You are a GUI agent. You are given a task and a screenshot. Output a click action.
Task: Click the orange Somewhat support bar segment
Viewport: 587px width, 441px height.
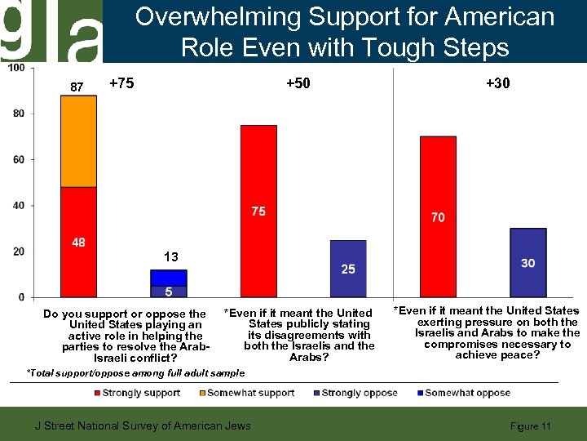pyautogui.click(x=78, y=141)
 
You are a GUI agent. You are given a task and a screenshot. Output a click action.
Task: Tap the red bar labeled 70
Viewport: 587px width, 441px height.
pyautogui.click(x=438, y=216)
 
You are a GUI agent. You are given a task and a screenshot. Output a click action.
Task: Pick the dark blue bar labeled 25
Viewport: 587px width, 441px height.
pyautogui.click(x=348, y=269)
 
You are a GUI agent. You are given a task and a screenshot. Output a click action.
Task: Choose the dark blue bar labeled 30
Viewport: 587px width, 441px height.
pyautogui.click(x=527, y=262)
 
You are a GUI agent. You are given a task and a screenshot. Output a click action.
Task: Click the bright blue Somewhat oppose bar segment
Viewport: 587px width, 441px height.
pyautogui.click(x=169, y=278)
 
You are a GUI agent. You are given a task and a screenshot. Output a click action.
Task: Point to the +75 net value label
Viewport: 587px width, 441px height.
pyautogui.click(x=121, y=83)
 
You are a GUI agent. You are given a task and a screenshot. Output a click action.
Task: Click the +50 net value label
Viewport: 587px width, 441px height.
pyautogui.click(x=298, y=83)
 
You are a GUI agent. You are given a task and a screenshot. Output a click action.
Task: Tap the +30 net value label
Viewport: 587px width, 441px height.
pyautogui.click(x=498, y=83)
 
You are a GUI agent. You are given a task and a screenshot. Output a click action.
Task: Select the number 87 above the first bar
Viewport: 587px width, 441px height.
pyautogui.click(x=77, y=87)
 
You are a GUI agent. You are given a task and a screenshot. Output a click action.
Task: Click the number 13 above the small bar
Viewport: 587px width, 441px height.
pyautogui.click(x=170, y=257)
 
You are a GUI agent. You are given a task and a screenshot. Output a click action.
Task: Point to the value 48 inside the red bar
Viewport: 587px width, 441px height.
pyautogui.click(x=78, y=243)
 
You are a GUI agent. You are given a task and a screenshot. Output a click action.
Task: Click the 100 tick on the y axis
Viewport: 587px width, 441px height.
pyautogui.click(x=15, y=68)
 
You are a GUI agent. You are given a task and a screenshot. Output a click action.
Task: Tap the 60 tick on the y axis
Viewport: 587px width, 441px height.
pyautogui.click(x=18, y=159)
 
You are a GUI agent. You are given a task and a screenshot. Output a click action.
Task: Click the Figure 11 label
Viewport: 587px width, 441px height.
pyautogui.click(x=530, y=426)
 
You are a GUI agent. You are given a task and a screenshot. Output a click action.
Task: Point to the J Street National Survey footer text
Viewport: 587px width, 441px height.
pyautogui.click(x=140, y=425)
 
